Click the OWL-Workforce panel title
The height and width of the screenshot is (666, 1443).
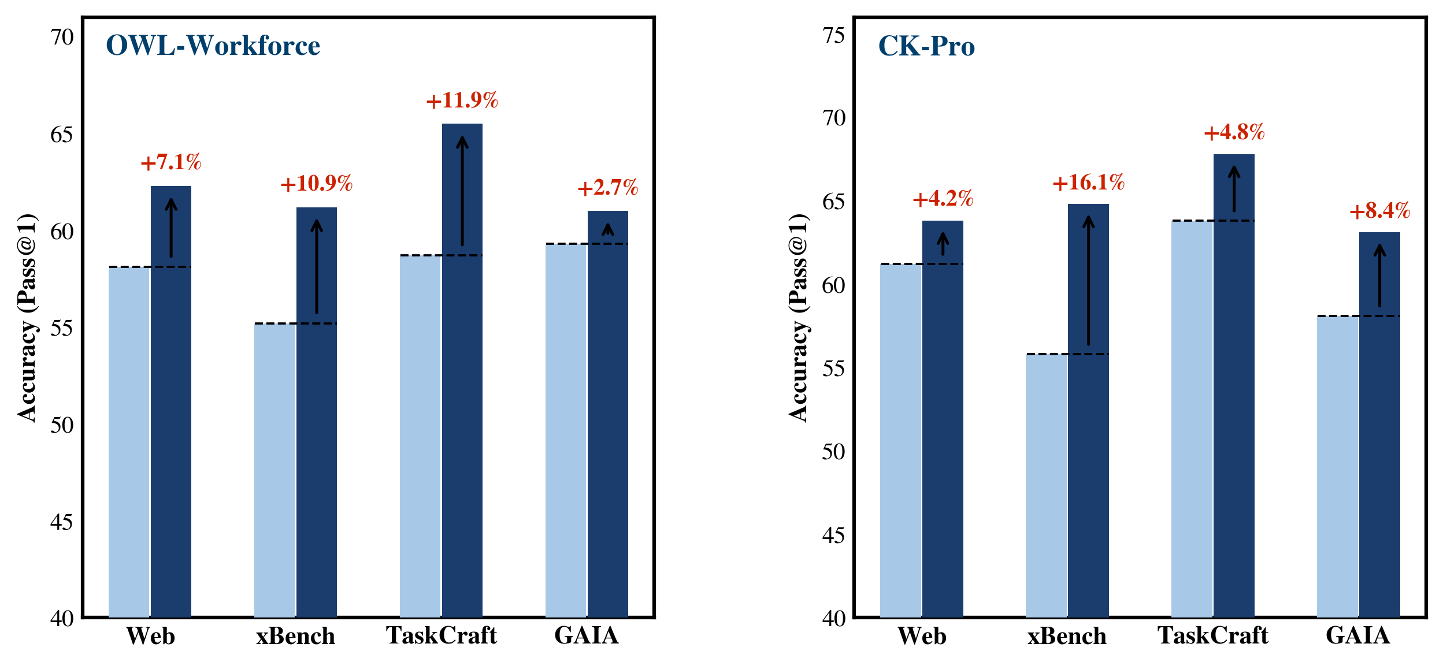coord(213,46)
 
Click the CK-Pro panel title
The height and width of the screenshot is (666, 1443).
coord(926,46)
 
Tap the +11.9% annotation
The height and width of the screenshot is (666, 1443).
coord(462,101)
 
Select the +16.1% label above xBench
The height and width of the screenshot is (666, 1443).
coord(1088,183)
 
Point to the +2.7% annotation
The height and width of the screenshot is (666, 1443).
coord(607,188)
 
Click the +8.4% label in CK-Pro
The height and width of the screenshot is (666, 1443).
coord(1379,211)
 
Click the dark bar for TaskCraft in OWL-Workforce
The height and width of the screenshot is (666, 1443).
coord(462,404)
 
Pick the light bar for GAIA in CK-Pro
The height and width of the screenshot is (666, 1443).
coord(1337,462)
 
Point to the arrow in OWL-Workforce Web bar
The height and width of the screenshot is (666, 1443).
coord(171,228)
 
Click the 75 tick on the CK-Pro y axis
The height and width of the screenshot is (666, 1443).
coord(833,36)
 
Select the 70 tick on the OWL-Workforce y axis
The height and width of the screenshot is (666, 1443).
coord(62,38)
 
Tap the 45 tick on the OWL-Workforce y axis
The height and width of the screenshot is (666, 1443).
coord(62,522)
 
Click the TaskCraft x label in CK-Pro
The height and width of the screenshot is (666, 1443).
coord(1212,635)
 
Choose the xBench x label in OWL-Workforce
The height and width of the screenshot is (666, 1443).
coord(295,636)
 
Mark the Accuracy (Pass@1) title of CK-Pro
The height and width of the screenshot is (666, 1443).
coord(799,318)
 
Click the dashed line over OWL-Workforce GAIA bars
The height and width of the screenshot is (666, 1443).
coord(587,244)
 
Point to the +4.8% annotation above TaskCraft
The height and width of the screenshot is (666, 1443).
coord(1234,132)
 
